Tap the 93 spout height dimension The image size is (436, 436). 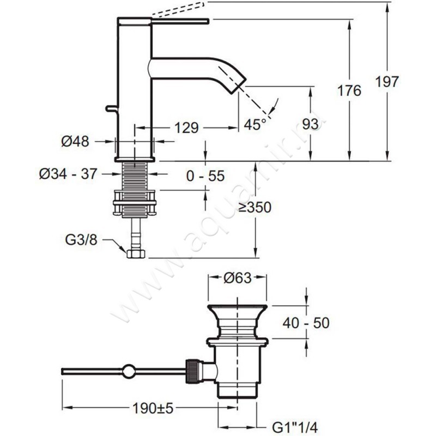tap(310, 125)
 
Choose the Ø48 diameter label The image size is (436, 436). tap(75, 142)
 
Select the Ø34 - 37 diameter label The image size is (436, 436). tap(68, 174)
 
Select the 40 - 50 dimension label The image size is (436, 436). tap(306, 323)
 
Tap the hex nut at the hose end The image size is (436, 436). tap(134, 253)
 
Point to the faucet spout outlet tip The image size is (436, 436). tap(240, 84)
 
